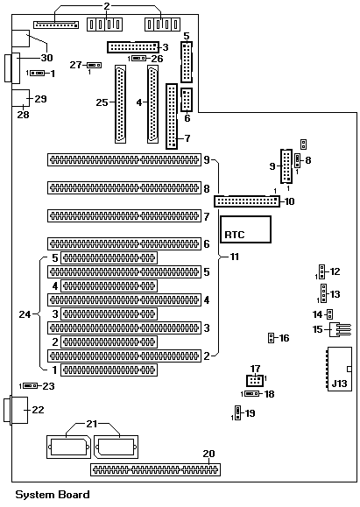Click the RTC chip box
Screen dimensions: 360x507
(245, 229)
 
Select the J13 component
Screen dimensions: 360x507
(339, 369)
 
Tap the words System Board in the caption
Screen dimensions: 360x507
(53, 495)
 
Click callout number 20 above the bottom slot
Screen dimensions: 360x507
(208, 454)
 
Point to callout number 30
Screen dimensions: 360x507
(46, 58)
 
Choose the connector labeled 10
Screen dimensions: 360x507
(247, 201)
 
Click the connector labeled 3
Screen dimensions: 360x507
(133, 47)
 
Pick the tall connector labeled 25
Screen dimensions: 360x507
(120, 104)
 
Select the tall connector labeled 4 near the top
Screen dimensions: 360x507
(152, 104)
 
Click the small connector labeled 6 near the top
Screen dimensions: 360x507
(186, 100)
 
